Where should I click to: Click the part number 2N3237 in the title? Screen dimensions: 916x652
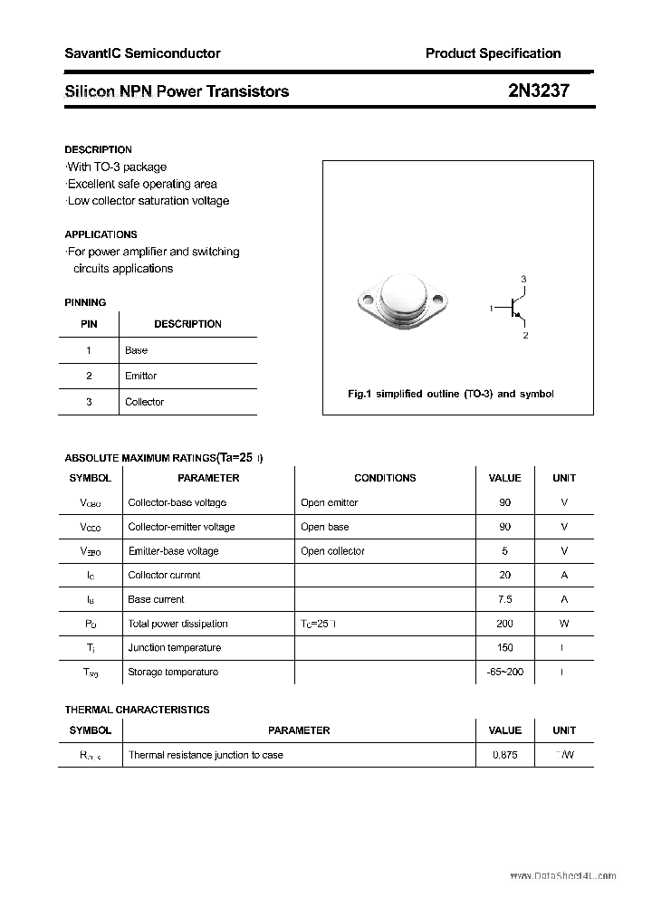539,91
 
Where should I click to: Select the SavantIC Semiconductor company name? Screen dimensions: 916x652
142,53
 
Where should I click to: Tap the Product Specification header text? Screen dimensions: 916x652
493,53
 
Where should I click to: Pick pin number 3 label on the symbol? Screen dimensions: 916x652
523,279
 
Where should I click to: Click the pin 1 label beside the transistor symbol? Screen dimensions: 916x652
491,309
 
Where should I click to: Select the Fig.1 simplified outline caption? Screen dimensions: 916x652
450,394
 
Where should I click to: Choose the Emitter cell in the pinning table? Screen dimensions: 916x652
141,376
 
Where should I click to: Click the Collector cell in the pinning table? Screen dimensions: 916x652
145,402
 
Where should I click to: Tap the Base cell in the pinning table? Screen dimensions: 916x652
137,350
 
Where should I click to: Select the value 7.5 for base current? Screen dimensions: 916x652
504,599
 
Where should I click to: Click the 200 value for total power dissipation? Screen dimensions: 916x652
504,624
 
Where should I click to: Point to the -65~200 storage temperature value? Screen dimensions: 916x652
504,672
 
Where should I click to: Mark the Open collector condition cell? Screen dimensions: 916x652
332,551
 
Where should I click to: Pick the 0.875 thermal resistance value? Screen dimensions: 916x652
504,755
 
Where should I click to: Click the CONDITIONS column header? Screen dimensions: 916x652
385,478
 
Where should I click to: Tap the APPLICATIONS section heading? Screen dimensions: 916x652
101,234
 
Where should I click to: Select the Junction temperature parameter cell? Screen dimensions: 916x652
174,648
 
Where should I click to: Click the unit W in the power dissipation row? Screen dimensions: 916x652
564,624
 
